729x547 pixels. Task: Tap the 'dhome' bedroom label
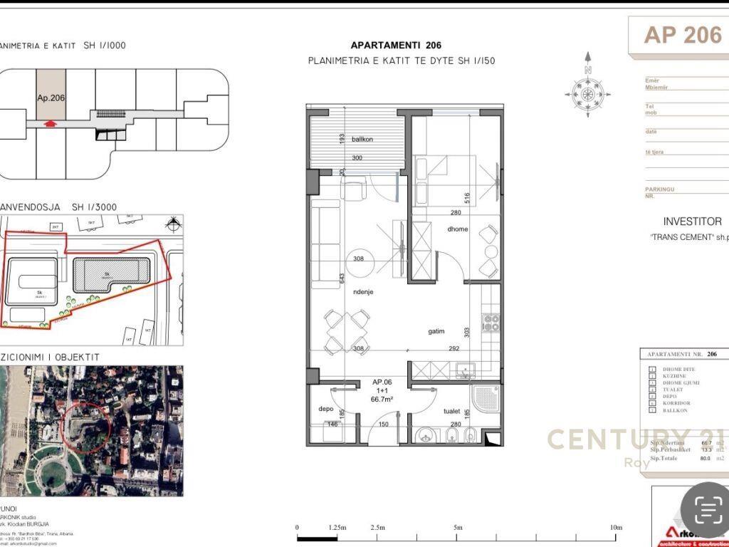[457, 229]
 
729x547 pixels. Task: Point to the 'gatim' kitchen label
[436, 331]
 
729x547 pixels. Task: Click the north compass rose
[588, 93]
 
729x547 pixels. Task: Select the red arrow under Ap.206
[49, 124]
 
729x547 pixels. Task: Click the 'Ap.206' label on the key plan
[51, 99]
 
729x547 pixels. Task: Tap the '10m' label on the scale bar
[616, 527]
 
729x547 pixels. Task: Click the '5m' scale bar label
[457, 527]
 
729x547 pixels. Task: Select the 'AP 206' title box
[682, 35]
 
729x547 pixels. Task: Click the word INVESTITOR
[692, 222]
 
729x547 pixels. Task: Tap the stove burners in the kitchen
[491, 322]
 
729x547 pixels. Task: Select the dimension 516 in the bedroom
[467, 198]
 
